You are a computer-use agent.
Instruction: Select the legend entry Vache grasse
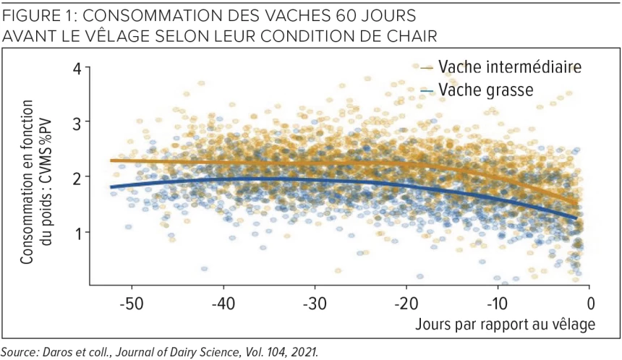click(486, 90)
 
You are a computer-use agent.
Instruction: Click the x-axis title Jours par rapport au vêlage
click(505, 323)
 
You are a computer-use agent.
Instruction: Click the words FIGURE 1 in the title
click(38, 14)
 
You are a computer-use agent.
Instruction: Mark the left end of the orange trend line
click(111, 160)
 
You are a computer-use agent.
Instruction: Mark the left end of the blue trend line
click(111, 187)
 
